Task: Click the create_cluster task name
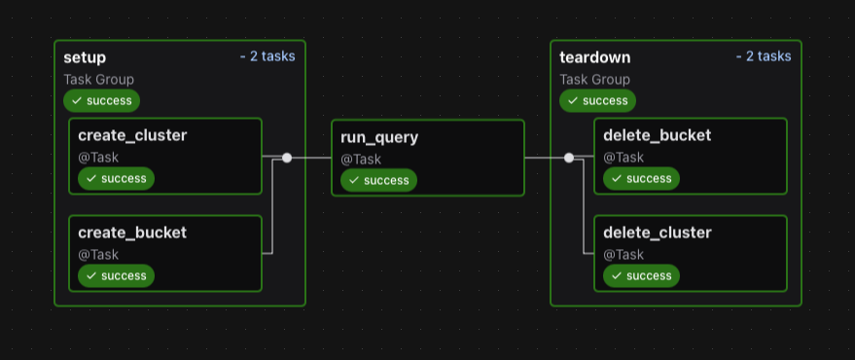click(132, 135)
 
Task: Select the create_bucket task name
click(132, 233)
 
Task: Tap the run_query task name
click(379, 137)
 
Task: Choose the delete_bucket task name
click(657, 135)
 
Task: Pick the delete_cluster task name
click(657, 233)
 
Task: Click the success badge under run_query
click(378, 180)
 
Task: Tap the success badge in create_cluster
click(116, 178)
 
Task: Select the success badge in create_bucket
click(116, 275)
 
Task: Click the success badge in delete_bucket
click(641, 178)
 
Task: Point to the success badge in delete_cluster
click(641, 275)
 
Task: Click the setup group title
click(85, 57)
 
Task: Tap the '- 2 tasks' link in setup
click(267, 56)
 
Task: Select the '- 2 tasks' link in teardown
click(764, 56)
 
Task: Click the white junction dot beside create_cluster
click(287, 158)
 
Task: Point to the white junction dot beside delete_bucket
click(569, 158)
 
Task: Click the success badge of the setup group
click(101, 100)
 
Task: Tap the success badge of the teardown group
click(597, 100)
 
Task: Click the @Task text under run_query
click(361, 160)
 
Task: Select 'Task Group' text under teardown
click(594, 80)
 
